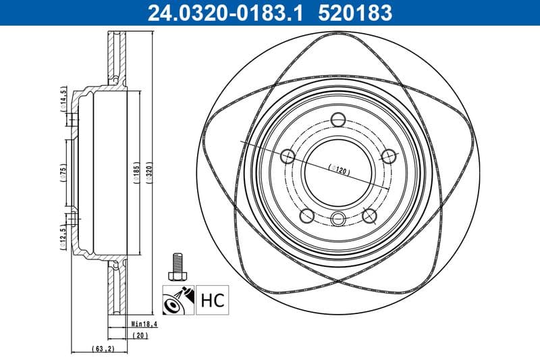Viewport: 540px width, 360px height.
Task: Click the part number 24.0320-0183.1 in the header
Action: tap(219, 11)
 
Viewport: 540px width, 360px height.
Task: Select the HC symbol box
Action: tap(213, 299)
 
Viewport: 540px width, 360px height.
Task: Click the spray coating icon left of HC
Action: tap(178, 299)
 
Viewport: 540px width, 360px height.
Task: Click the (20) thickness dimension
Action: tap(140, 335)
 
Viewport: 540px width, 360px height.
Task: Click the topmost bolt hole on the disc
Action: tap(339, 120)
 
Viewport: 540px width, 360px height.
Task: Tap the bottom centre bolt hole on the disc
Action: tap(339, 218)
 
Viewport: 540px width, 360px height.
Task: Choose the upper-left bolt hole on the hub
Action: tap(288, 157)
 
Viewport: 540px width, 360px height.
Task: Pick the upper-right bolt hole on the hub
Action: tap(388, 156)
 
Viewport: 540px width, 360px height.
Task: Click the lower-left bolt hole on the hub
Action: tap(306, 215)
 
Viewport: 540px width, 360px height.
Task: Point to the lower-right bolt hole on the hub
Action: tap(369, 215)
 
